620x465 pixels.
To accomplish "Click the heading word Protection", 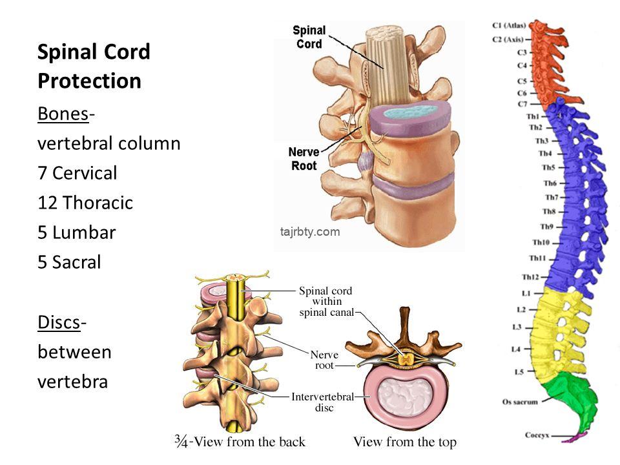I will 89,81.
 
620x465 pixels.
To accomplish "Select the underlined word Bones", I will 63,114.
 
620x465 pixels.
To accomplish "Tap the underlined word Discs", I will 59,322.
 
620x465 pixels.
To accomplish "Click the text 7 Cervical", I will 77,173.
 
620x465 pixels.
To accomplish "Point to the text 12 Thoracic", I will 85,203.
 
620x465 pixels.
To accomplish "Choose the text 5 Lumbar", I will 76,232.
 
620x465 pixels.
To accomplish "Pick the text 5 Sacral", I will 69,263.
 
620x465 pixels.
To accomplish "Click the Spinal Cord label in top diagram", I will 309,36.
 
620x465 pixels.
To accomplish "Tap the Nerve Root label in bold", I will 304,160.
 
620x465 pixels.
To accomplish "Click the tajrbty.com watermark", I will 310,232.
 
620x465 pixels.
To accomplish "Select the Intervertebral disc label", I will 322,402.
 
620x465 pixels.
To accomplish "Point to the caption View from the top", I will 405,442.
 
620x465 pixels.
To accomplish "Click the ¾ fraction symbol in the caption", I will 183,441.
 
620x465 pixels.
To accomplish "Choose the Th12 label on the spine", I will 531,277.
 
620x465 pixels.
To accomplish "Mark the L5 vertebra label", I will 518,372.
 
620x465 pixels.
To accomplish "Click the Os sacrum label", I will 520,401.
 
